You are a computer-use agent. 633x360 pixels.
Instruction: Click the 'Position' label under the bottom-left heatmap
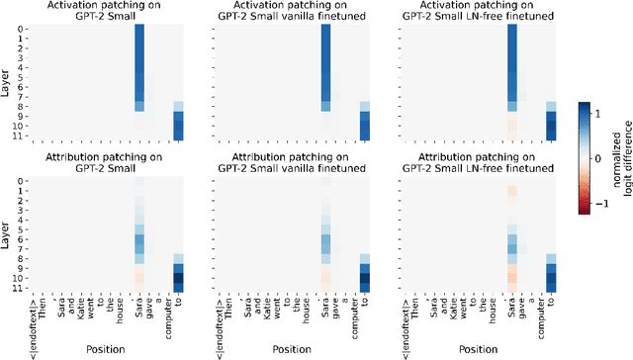pos(104,350)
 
